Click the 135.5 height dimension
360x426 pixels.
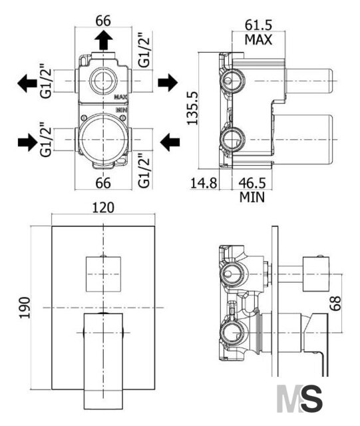(192, 108)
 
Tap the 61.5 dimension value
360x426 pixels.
(258, 25)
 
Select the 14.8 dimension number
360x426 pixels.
(204, 183)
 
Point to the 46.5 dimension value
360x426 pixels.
(252, 183)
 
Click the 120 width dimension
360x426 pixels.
(103, 208)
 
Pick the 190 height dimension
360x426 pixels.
(25, 308)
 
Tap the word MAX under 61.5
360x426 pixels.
(258, 40)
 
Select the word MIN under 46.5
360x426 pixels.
(252, 197)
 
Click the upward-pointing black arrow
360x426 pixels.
(104, 40)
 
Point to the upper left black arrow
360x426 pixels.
(27, 83)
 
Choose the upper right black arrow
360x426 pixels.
(168, 83)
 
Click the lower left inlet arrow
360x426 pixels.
(27, 142)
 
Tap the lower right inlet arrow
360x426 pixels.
(170, 142)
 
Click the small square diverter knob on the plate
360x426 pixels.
(103, 274)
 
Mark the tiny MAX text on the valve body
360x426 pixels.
(121, 97)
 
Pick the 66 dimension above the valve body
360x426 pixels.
(103, 21)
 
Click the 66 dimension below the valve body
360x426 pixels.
(103, 183)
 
